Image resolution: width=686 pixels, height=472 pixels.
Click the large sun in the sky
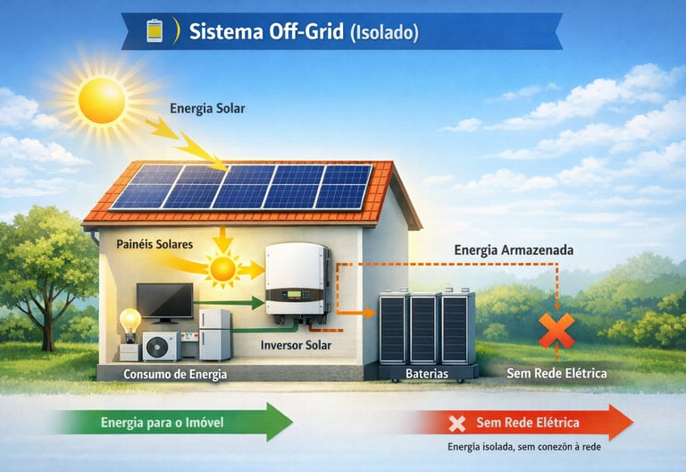pos(102,100)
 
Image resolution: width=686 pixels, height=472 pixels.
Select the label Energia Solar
pos(207,109)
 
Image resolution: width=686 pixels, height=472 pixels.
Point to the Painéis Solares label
pos(155,242)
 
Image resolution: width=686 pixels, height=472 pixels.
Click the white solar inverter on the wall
pos(297,278)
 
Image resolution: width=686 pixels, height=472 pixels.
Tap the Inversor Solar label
pos(296,344)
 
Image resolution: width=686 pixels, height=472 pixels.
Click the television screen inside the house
pos(164,300)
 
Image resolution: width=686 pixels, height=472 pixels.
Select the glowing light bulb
pos(131,321)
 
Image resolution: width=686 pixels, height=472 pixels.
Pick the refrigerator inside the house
pos(214,333)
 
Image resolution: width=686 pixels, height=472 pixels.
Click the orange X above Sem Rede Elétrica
pos(556,330)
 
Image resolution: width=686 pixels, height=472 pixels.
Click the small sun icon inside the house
pos(222,267)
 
